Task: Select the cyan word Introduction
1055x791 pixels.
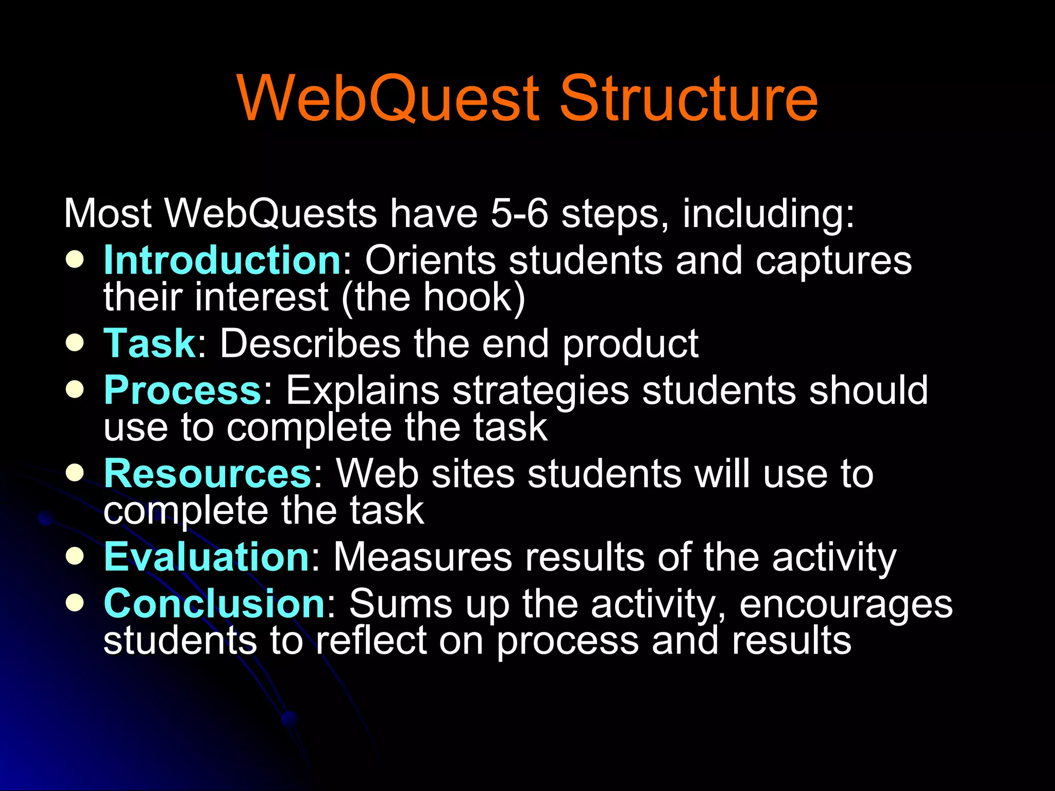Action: coord(222,260)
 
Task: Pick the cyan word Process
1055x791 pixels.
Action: coord(183,390)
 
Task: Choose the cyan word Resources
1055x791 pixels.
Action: coord(207,474)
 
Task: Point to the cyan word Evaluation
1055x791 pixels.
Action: coord(206,557)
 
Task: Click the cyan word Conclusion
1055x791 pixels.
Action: coord(214,604)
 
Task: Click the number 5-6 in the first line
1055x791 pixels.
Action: coord(519,214)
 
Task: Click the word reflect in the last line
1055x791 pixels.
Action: coord(371,641)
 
